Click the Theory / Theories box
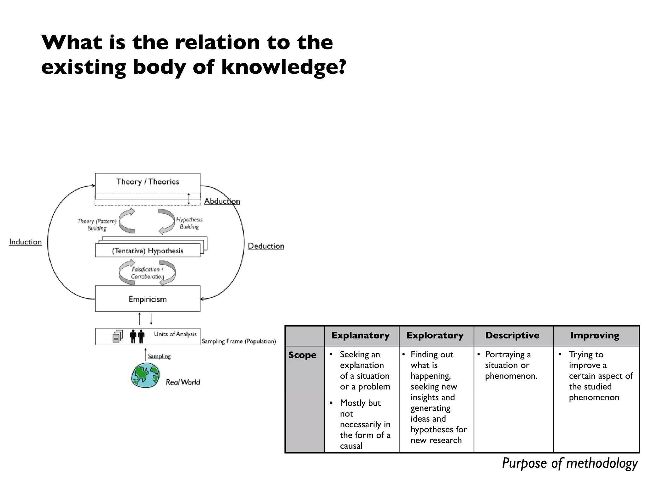click(148, 182)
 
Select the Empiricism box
click(148, 299)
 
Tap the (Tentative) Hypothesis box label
click(148, 251)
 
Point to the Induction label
click(25, 242)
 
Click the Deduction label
click(266, 246)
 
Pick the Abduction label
click(222, 201)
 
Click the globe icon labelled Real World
click(145, 375)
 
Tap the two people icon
click(137, 336)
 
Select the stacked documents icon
click(117, 336)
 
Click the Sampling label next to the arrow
click(159, 356)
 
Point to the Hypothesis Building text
click(189, 223)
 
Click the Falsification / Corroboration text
click(147, 273)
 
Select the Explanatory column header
click(361, 335)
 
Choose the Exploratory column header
click(435, 335)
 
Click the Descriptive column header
click(512, 335)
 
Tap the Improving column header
click(595, 335)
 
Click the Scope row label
click(302, 355)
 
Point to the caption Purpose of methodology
click(570, 463)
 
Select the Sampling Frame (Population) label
click(239, 341)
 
